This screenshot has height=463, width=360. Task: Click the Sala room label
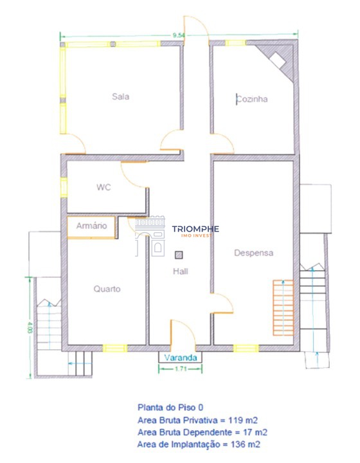[x=120, y=97]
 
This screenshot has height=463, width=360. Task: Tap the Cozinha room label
[x=251, y=100]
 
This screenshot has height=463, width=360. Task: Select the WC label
[x=104, y=188]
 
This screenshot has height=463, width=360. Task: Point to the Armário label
[x=91, y=226]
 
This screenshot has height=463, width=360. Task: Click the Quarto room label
[x=107, y=289]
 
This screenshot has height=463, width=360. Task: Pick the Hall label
[x=180, y=271]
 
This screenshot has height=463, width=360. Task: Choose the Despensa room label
[x=253, y=253]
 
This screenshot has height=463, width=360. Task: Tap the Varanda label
[x=180, y=357]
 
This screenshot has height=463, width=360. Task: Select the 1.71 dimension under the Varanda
[x=181, y=369]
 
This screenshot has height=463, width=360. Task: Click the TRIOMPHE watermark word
[x=195, y=228]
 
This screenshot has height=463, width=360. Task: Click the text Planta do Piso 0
[x=166, y=407]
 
